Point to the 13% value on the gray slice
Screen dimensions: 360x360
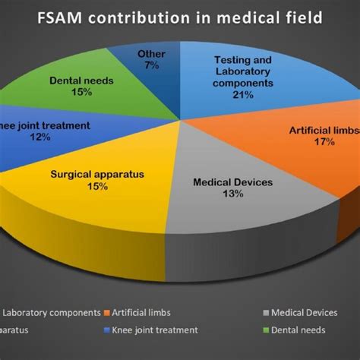232,194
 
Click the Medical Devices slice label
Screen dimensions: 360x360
232,182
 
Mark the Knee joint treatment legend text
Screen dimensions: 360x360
156,330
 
